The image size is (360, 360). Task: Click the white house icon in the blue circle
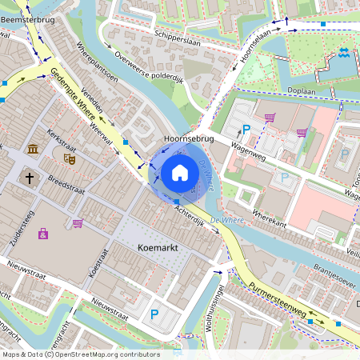click(180, 173)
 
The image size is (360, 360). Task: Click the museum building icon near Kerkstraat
click(33, 150)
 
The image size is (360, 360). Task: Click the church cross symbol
click(30, 177)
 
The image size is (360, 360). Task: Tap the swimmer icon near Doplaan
click(343, 53)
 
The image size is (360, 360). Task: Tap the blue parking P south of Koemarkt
click(154, 314)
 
